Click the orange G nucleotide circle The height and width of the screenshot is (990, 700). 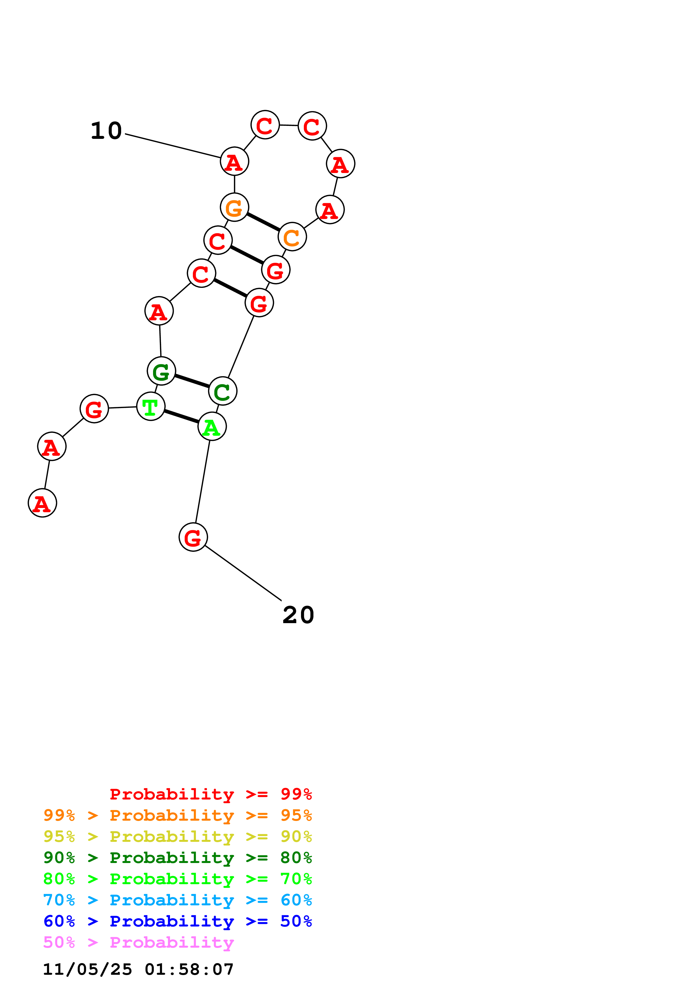234,207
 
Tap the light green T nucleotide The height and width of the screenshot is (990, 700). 151,406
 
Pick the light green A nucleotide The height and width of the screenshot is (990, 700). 212,426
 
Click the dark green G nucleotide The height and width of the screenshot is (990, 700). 161,371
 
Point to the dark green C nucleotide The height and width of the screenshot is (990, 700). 223,391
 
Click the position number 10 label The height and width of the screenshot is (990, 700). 106,131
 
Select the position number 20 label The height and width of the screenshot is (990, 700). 298,615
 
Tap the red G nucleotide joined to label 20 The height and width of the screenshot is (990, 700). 193,537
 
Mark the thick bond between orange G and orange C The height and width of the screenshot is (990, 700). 263,222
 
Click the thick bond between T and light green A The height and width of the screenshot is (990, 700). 181,417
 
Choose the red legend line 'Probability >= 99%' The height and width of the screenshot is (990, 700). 210,794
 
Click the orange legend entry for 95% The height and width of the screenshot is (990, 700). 177,815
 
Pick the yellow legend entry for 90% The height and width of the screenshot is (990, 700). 177,836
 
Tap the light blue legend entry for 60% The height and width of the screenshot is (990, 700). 177,900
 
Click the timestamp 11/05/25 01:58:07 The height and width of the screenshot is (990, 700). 138,969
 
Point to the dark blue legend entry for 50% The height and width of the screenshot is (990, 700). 177,921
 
